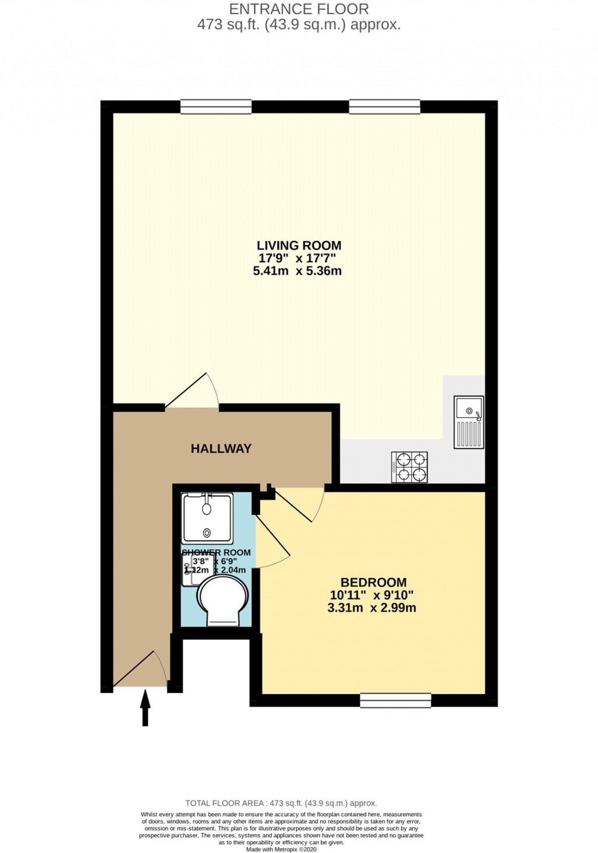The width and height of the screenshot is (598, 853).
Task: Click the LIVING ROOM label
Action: click(299, 246)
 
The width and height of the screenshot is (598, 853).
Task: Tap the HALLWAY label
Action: click(221, 448)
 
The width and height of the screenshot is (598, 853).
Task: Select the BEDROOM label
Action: click(373, 583)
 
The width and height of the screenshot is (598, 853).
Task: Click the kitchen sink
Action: click(469, 422)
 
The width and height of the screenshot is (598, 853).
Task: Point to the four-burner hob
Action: click(410, 467)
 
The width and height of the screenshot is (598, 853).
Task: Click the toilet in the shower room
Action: click(222, 600)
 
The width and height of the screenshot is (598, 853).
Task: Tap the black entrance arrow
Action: click(145, 708)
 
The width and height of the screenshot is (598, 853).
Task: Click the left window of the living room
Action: click(215, 106)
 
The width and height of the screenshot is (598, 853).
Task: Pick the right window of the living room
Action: click(384, 106)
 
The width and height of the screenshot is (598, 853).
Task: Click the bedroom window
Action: click(395, 700)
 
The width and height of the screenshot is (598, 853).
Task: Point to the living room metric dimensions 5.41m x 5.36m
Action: click(297, 271)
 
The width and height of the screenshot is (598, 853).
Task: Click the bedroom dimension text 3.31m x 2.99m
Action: click(371, 608)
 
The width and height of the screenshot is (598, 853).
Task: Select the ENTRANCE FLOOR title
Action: click(299, 9)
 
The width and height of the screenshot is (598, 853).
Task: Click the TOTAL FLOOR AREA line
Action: click(281, 803)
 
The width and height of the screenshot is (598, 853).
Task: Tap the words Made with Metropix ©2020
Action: click(281, 849)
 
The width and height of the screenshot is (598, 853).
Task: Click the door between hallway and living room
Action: click(193, 392)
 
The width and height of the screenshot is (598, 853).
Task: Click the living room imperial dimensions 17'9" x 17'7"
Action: click(297, 259)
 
